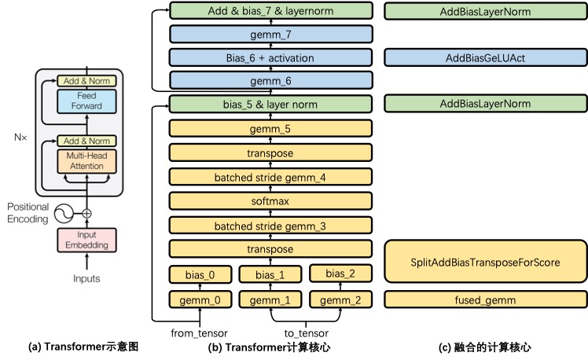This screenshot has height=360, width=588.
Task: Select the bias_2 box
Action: (340, 274)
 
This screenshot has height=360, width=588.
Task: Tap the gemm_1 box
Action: (270, 299)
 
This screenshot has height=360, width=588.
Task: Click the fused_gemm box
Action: (485, 299)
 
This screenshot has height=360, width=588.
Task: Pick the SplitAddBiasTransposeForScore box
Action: (485, 262)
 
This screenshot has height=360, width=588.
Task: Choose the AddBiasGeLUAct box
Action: (485, 57)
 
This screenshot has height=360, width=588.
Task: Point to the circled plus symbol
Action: (86, 212)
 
